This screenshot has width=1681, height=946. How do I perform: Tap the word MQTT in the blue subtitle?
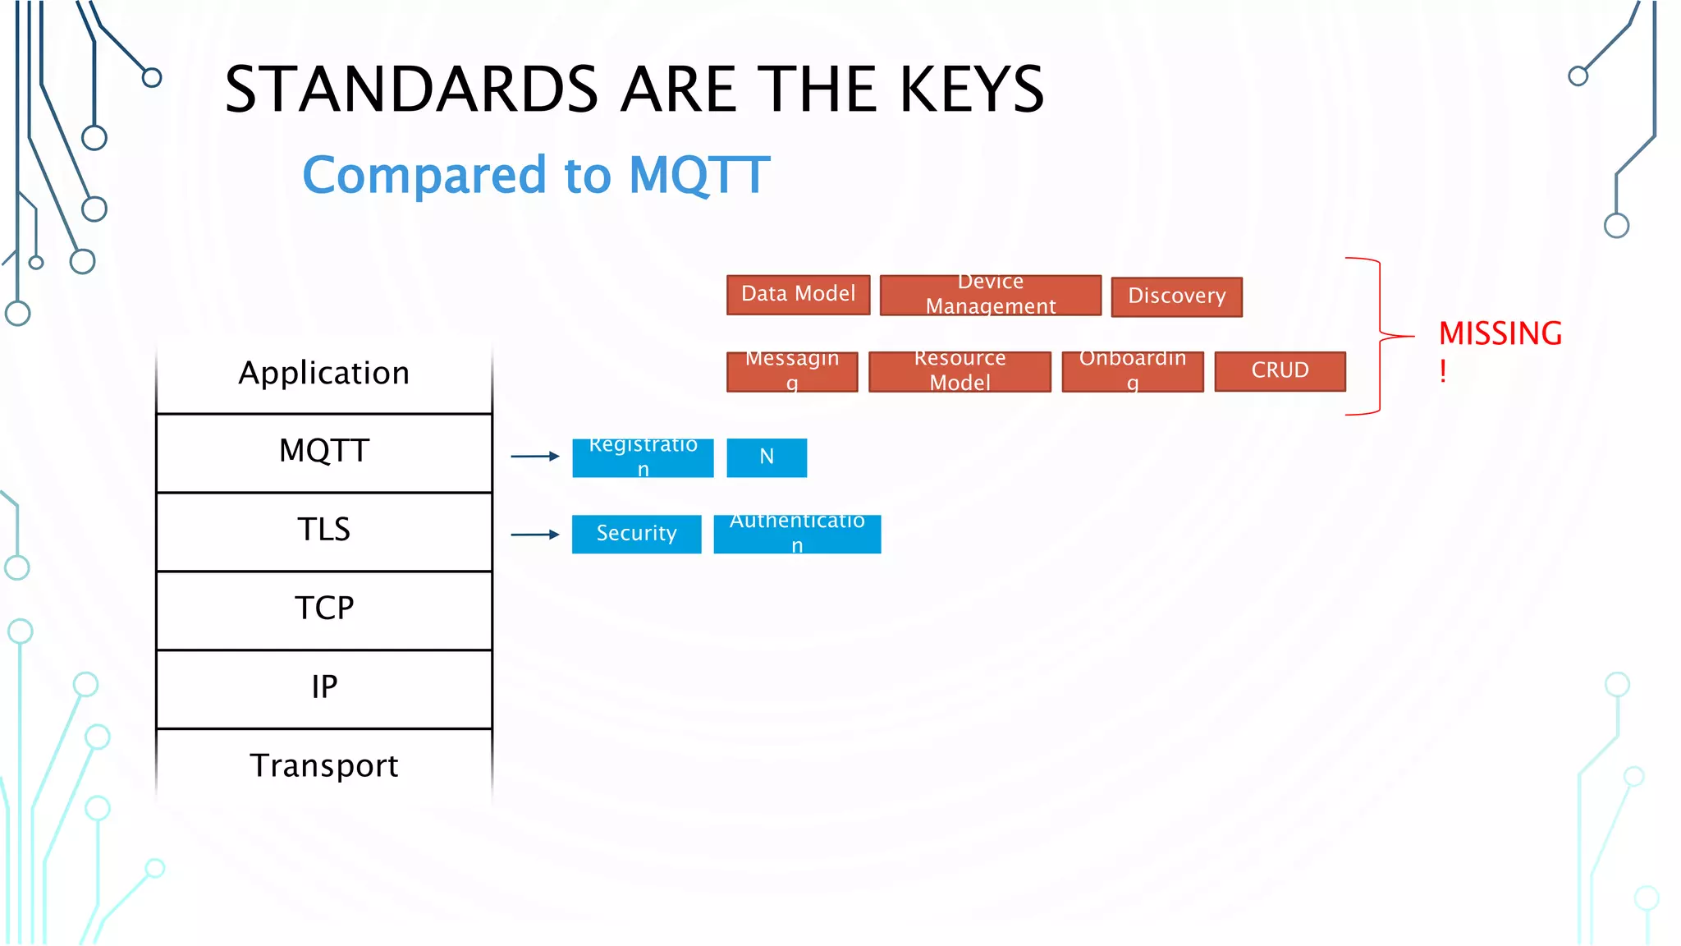pyautogui.click(x=699, y=175)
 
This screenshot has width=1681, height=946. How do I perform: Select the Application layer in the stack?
pyautogui.click(x=324, y=374)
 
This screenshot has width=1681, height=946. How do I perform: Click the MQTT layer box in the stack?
pyautogui.click(x=324, y=452)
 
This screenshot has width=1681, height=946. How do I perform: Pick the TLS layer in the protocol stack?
pyautogui.click(x=324, y=530)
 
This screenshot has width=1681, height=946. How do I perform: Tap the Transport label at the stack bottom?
pyautogui.click(x=324, y=766)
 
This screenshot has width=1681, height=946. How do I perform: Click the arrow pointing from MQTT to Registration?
pyautogui.click(x=534, y=456)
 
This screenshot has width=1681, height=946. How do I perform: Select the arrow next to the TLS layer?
pyautogui.click(x=534, y=535)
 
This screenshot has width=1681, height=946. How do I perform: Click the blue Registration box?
pyautogui.click(x=643, y=457)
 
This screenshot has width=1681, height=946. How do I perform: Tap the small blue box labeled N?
pyautogui.click(x=767, y=457)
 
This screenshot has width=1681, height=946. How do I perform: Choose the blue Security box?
pyautogui.click(x=636, y=534)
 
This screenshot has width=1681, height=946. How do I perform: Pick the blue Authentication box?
pyautogui.click(x=797, y=534)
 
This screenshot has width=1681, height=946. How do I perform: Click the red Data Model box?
pyautogui.click(x=798, y=295)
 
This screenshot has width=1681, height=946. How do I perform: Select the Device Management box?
pyautogui.click(x=990, y=295)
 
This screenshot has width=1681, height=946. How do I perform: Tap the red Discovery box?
pyautogui.click(x=1176, y=296)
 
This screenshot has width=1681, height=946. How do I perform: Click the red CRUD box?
pyautogui.click(x=1280, y=371)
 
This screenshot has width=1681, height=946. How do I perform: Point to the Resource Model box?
pyautogui.click(x=960, y=371)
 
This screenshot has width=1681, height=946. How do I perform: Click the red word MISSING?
pyautogui.click(x=1500, y=333)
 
